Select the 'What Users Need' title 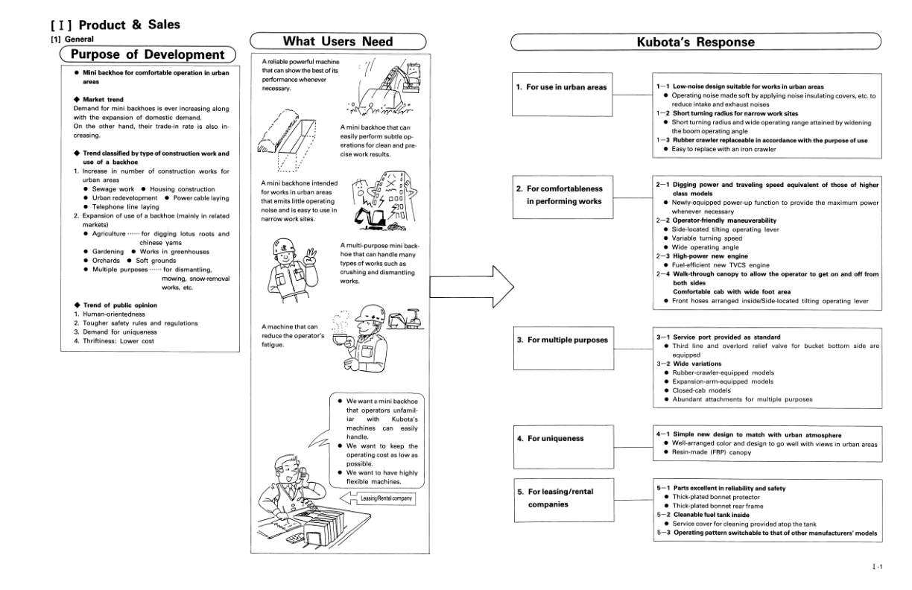pos(338,42)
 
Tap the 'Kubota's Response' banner pos(694,42)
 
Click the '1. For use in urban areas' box pos(561,88)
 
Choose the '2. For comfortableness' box pos(561,195)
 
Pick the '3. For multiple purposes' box pos(561,340)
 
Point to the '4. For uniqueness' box pos(561,439)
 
